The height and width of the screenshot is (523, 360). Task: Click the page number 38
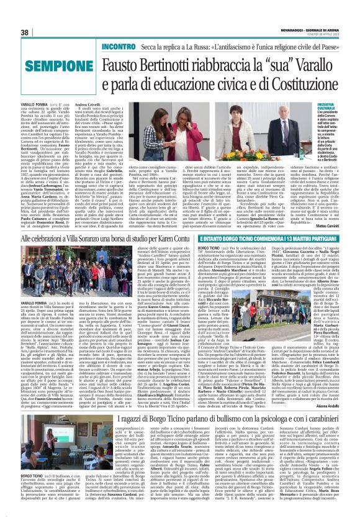tap(25, 33)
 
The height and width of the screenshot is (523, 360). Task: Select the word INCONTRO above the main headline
tap(119, 47)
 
